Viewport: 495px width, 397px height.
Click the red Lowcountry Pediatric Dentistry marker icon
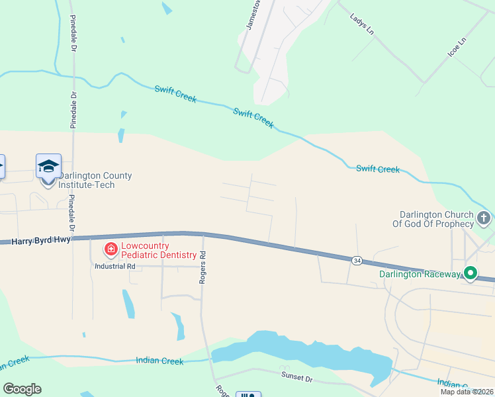pos(111,249)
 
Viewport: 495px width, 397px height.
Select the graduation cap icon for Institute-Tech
pos(48,166)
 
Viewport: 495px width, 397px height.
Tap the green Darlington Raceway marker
pos(471,273)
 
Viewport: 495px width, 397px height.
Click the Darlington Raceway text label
pos(420,274)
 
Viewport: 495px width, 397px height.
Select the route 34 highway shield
pos(357,261)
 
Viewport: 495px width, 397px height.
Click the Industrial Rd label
pos(115,266)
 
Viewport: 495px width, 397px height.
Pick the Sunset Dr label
pos(296,378)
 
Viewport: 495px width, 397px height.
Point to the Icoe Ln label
pos(457,46)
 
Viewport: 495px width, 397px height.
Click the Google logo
pos(22,389)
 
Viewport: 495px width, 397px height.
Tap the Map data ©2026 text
pos(467,392)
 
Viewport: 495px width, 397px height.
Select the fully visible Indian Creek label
pos(159,361)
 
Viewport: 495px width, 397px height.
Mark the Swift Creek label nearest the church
pos(378,169)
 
